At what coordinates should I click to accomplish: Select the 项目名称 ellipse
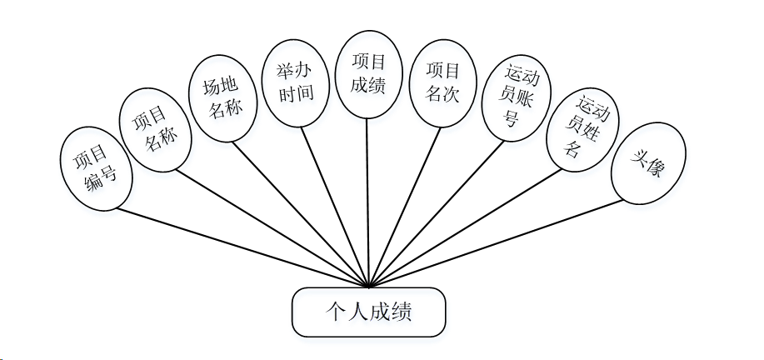tap(156, 129)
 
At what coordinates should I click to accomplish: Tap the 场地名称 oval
tap(220, 97)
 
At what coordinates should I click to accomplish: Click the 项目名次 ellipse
tap(442, 82)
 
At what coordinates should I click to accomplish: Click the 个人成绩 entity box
tap(368, 313)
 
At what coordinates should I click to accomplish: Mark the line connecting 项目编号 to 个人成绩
tap(242, 246)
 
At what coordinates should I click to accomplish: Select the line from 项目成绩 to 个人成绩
tap(369, 200)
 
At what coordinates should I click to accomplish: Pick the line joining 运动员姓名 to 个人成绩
tap(467, 228)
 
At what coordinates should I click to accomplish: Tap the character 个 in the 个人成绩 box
tap(333, 313)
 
